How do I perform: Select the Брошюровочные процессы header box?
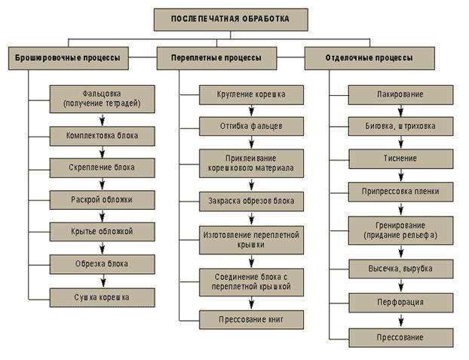coord(68,58)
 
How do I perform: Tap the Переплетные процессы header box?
coord(219,58)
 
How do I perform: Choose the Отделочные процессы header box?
coord(369,58)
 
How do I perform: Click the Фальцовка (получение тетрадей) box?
coord(103,97)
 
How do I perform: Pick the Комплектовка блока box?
coord(103,136)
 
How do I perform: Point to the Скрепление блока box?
coord(103,168)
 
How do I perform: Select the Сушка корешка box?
coord(103,297)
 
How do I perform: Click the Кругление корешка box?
coord(251,95)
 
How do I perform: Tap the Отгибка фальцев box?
coord(251,126)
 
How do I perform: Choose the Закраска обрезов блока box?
coord(251,202)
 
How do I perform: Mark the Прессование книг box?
coord(251,319)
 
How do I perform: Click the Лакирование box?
coord(400,95)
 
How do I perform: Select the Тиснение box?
coord(400,158)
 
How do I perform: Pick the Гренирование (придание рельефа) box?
coord(400,230)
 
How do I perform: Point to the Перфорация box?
coord(400,302)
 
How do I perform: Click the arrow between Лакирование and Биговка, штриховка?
coord(400,110)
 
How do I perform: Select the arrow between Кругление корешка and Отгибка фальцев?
coord(251,110)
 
